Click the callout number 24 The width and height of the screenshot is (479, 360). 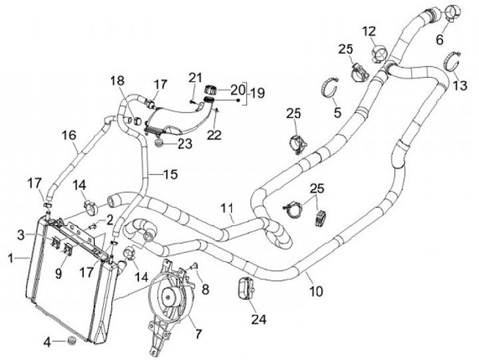coord(259,319)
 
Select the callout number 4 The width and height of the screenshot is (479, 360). coord(47,342)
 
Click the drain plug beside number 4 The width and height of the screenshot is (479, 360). coord(71,341)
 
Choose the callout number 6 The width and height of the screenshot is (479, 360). coord(439,40)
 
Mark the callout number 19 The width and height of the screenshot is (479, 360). coord(257,93)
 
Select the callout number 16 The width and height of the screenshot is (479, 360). coord(69,136)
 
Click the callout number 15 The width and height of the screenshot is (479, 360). coord(170,174)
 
